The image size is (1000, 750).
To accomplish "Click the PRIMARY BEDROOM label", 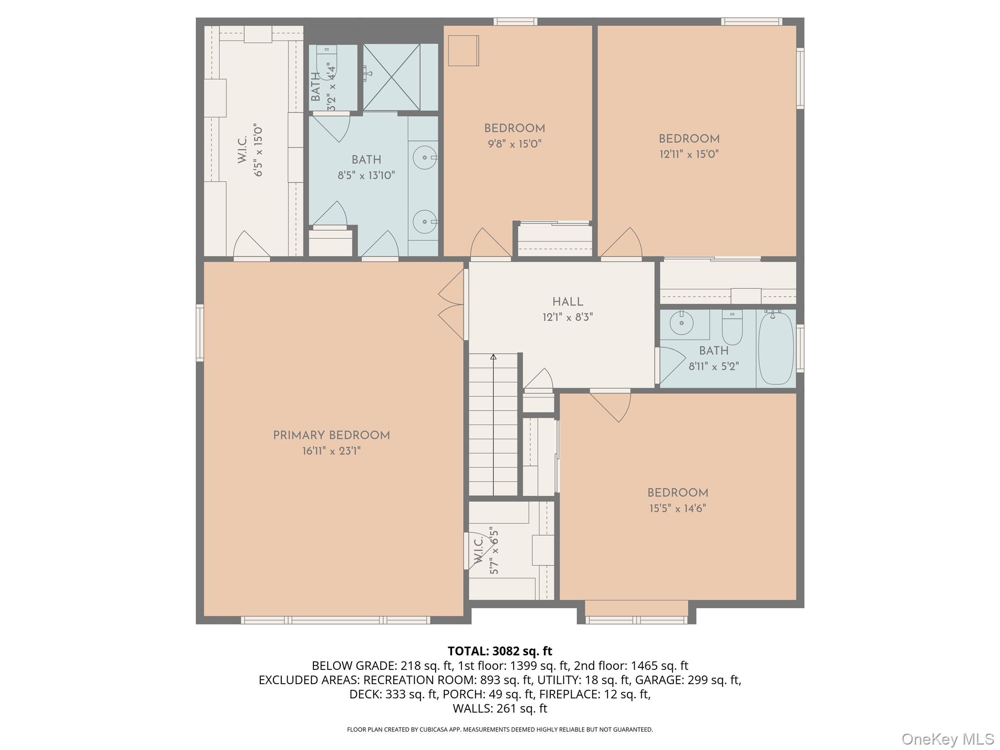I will [331, 435].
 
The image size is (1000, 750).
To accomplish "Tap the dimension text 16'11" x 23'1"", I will [331, 451].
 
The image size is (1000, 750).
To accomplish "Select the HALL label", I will [567, 302].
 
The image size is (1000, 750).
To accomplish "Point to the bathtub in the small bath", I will [775, 348].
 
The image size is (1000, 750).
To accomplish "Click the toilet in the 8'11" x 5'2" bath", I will [732, 327].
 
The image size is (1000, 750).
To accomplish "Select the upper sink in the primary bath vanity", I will [424, 158].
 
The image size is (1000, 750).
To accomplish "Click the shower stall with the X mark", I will [392, 77].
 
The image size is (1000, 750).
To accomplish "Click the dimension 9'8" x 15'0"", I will [514, 144].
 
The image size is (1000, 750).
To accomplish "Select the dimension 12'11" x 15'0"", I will [688, 154].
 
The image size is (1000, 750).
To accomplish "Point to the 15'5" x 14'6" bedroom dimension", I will [677, 508].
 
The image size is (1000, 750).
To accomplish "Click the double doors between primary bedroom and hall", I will [452, 305].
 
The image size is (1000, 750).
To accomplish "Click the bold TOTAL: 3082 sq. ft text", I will [500, 651].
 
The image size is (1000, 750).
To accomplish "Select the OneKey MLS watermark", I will [947, 739].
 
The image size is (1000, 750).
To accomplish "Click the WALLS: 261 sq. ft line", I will [500, 708].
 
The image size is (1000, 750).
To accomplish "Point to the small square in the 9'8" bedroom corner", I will [463, 50].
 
